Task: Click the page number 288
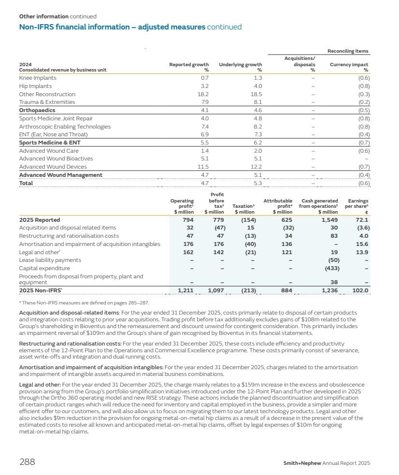(x=27, y=462)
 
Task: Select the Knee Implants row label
(x=38, y=78)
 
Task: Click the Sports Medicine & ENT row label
(x=50, y=143)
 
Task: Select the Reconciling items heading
(x=348, y=51)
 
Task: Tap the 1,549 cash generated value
(x=328, y=220)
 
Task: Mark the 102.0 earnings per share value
(x=360, y=290)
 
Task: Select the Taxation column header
(x=245, y=206)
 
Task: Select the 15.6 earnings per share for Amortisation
(x=362, y=244)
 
